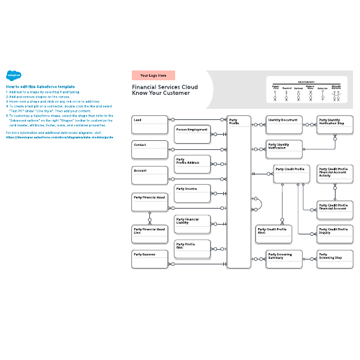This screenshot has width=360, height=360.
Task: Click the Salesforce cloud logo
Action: click(12, 76)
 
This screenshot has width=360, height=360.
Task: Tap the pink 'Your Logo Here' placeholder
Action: click(153, 75)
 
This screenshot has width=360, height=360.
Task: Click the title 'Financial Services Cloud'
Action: click(165, 87)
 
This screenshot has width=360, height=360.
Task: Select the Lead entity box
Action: click(149, 125)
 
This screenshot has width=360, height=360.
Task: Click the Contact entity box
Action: click(149, 149)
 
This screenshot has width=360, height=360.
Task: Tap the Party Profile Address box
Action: click(192, 164)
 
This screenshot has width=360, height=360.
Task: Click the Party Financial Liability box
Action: click(192, 224)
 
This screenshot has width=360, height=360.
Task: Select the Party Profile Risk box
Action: click(192, 249)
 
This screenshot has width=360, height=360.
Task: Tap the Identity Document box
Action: click(285, 124)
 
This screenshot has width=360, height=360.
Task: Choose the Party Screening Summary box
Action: click(285, 260)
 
